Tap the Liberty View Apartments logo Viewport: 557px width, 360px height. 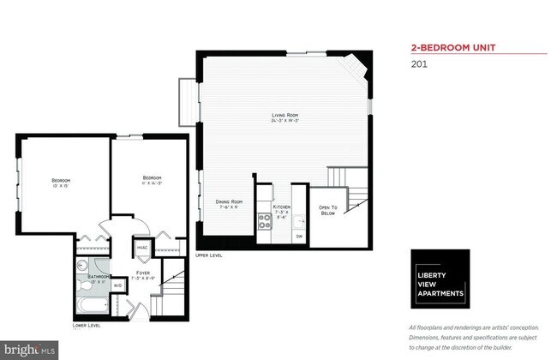(440, 279)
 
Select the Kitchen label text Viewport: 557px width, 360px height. (283, 210)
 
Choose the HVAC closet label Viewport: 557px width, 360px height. (141, 249)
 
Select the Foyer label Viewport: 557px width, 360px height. (142, 274)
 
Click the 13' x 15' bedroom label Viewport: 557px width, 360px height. (60, 182)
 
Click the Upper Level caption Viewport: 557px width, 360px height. (210, 255)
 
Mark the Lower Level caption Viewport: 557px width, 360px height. (86, 326)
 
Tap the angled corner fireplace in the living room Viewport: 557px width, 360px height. (355, 67)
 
